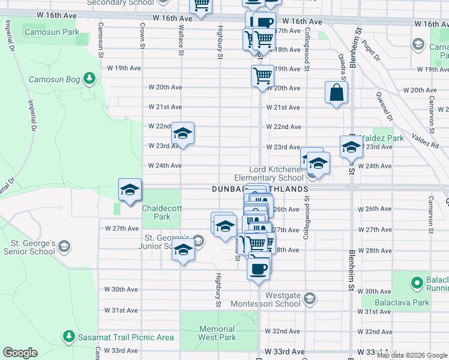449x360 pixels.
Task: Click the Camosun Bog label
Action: point(56,79)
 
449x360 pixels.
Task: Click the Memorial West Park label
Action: point(217,333)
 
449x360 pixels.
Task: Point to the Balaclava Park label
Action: point(402,302)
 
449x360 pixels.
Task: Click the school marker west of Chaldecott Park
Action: point(130,191)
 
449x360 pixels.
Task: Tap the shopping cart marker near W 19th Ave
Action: point(262,76)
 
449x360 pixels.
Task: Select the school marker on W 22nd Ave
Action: point(182,134)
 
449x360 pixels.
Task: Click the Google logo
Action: point(20,353)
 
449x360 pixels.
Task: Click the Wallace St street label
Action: point(181,41)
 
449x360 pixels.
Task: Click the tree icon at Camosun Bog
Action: point(89,78)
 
